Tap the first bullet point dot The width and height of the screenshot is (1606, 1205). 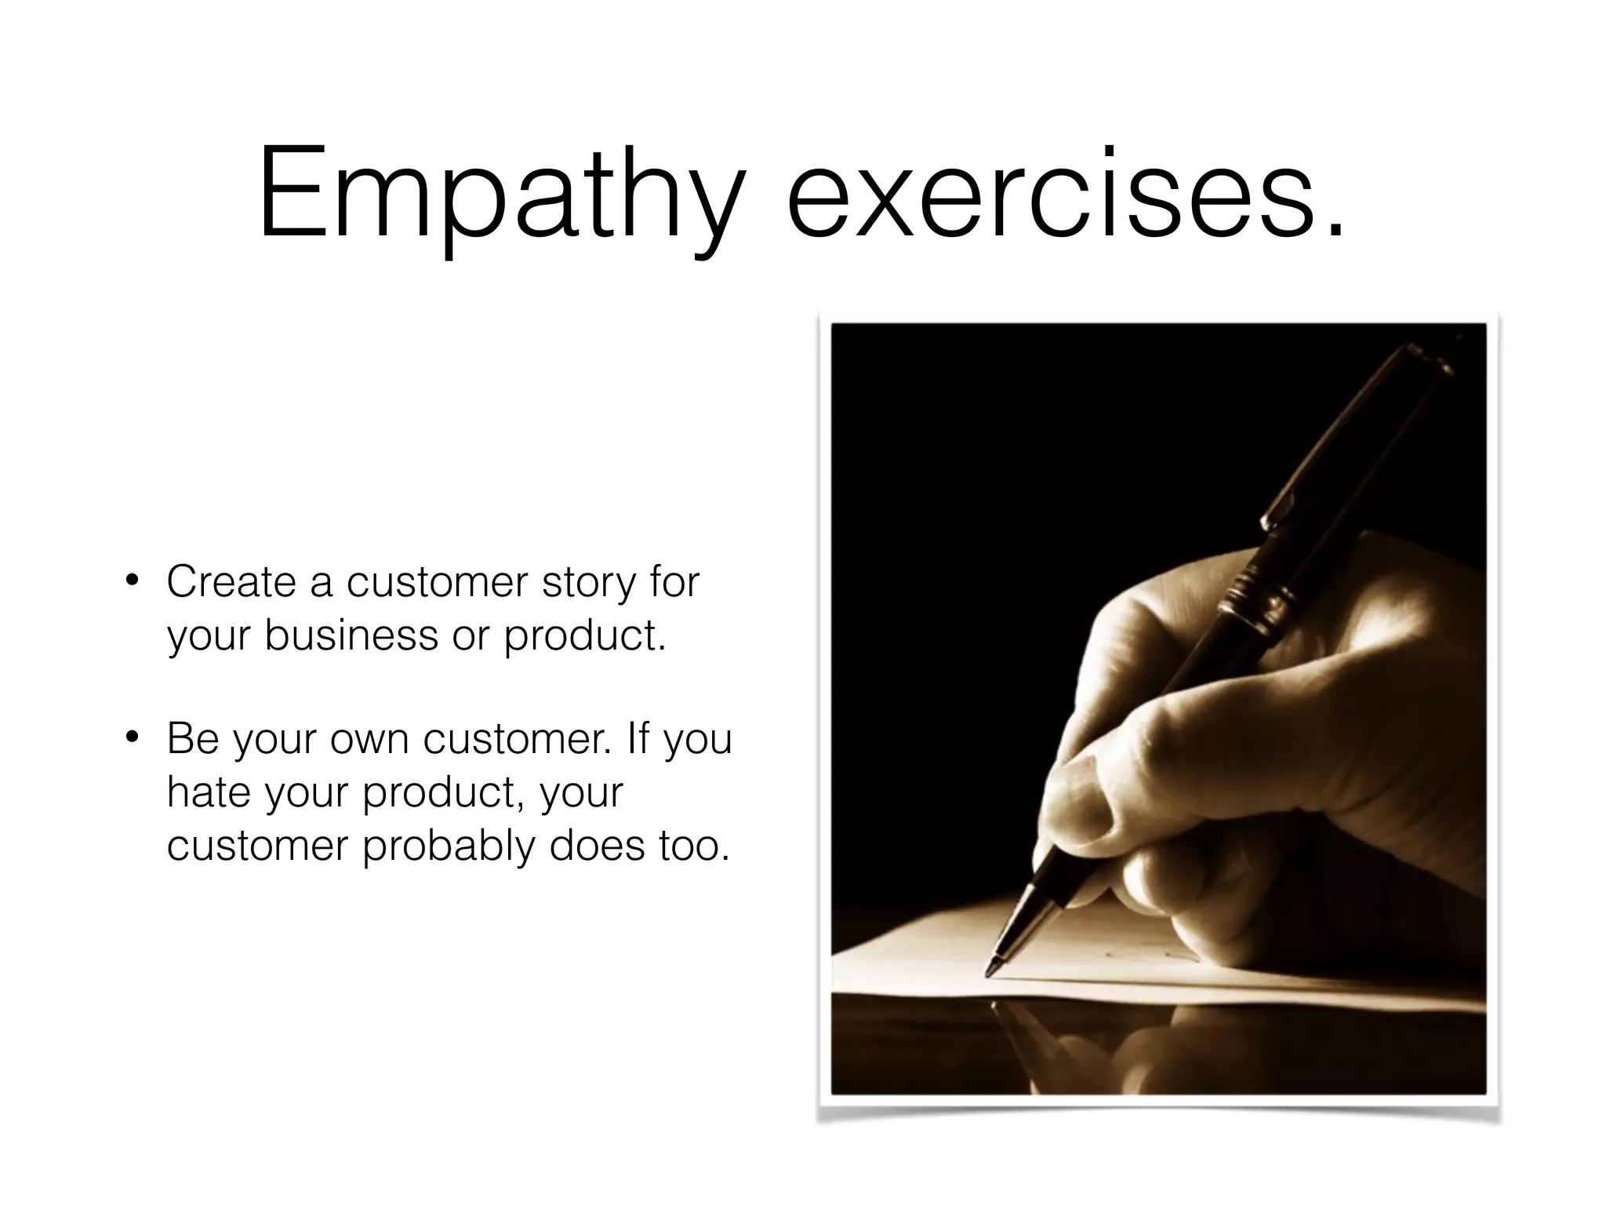click(x=133, y=581)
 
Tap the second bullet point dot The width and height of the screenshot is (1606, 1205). click(x=133, y=737)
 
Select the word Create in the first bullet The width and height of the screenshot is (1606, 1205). click(x=231, y=582)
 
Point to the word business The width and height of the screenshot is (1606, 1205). click(x=351, y=635)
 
